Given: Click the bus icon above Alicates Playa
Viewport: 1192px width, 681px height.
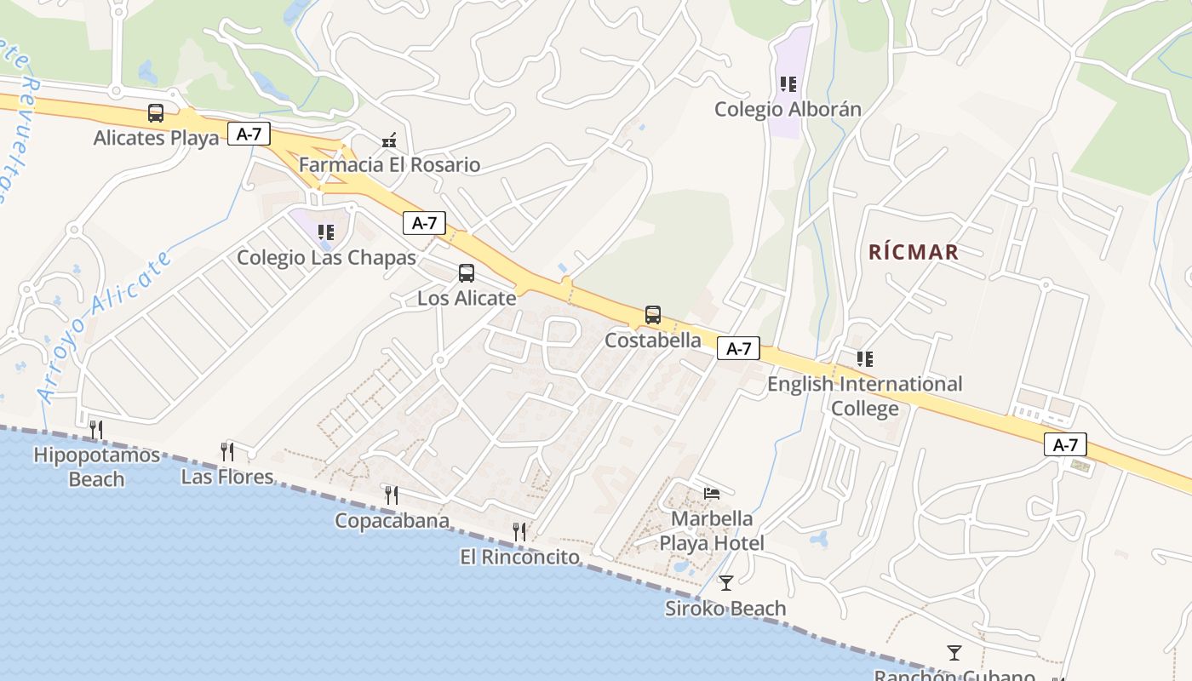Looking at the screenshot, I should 156,113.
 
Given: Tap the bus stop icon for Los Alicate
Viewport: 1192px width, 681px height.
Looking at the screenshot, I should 467,273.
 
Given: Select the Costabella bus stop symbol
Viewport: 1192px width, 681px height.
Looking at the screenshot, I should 653,315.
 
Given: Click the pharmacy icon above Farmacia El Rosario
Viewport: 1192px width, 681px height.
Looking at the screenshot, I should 389,140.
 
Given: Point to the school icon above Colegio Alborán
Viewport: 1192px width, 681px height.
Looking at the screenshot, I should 788,84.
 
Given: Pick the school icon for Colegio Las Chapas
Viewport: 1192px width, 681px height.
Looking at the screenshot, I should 325,232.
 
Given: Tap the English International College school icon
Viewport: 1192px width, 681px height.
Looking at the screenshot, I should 865,359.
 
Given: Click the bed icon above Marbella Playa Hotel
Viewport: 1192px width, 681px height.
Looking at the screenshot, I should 712,493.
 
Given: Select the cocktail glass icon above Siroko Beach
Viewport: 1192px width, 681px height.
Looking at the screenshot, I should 725,583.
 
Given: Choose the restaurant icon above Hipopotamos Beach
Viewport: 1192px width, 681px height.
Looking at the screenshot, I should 96,430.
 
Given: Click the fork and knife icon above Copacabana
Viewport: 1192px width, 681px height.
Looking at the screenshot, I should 392,495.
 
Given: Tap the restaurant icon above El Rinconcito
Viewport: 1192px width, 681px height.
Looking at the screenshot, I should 519,532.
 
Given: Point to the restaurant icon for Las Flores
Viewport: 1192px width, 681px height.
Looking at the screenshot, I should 227,451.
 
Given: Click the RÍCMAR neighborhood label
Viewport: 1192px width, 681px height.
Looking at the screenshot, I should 914,252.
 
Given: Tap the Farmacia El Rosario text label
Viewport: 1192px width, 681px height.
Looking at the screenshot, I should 389,165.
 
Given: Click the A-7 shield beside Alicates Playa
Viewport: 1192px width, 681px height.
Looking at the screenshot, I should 249,134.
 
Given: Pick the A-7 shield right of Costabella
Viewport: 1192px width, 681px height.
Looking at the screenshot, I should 738,348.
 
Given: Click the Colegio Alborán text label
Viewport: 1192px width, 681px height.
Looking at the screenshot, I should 788,110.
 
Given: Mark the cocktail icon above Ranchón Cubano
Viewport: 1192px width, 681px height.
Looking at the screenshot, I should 954,653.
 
